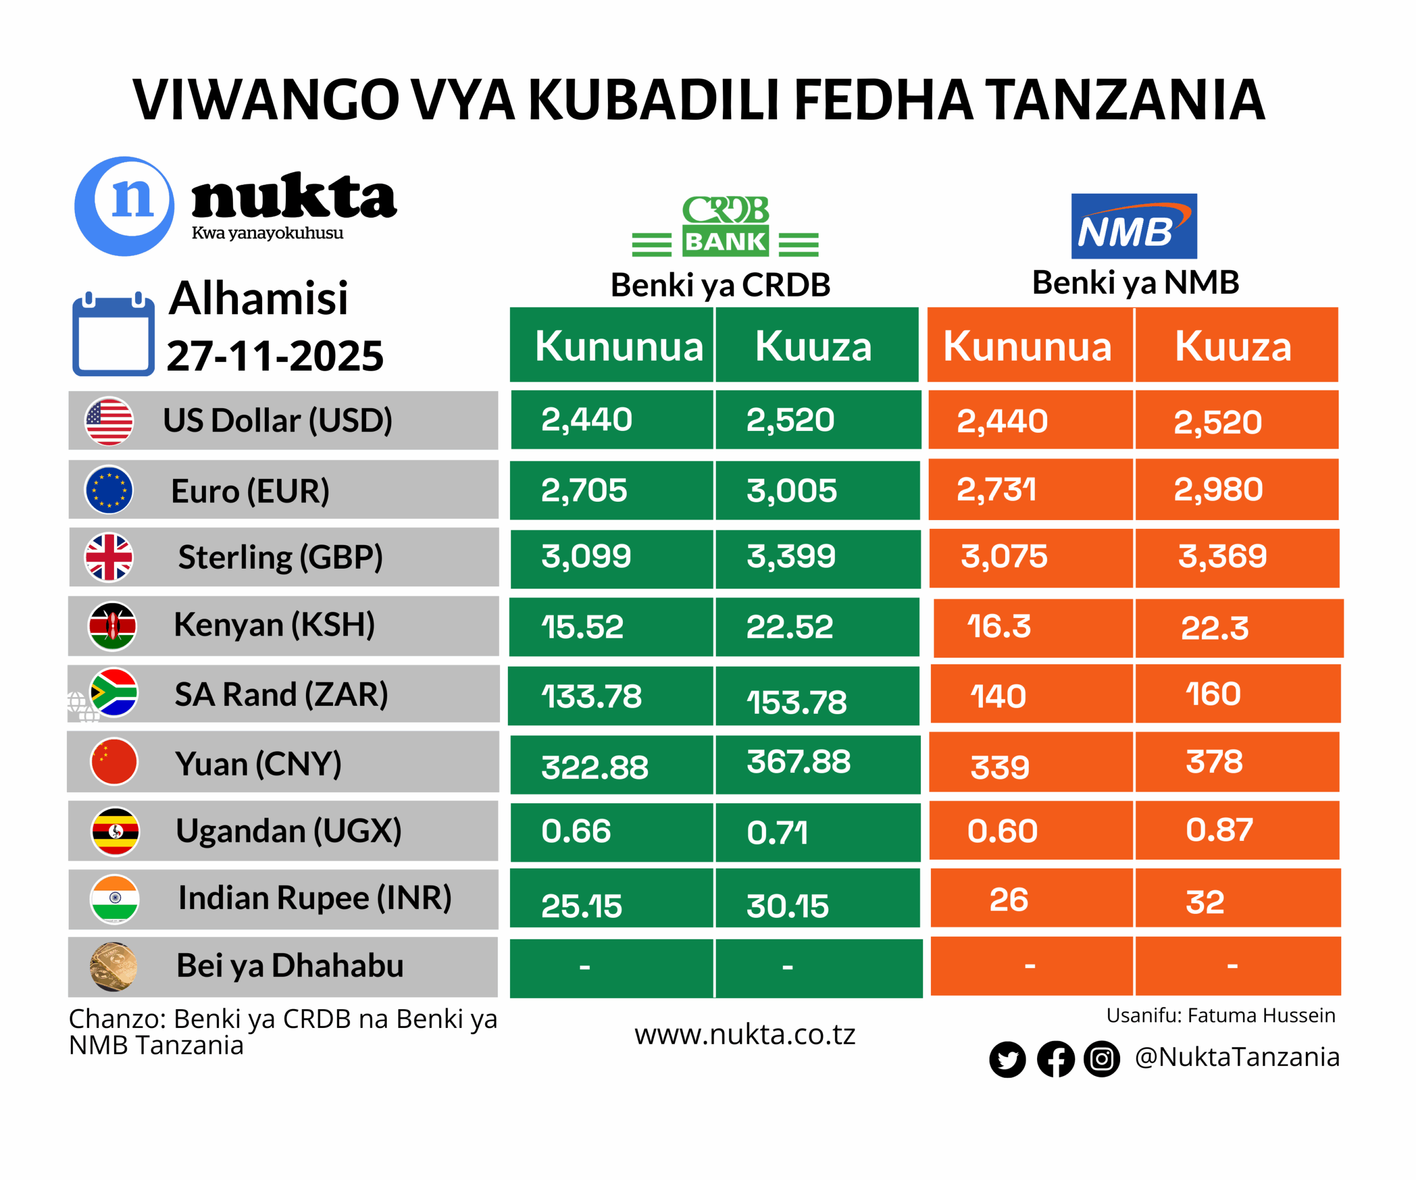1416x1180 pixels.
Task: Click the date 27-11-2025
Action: pos(275,355)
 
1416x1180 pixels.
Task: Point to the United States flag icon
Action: pos(108,421)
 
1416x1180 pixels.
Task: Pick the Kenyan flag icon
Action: pos(113,626)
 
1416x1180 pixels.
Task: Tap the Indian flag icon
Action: pos(114,899)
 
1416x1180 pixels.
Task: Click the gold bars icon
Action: pos(113,966)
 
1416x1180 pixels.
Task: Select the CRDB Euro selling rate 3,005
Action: pos(791,490)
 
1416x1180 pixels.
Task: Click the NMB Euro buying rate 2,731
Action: pos(996,490)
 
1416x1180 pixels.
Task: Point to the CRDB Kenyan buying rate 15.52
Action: pos(582,626)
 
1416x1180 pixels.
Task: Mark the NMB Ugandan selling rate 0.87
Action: pos(1219,830)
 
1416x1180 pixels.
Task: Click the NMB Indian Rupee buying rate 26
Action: pos(1009,900)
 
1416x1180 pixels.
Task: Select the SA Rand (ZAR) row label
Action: pos(281,694)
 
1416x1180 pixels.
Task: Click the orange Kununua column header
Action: pos(1027,346)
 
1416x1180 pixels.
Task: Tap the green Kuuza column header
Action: pos(813,346)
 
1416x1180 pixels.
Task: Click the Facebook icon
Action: pos(1055,1059)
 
